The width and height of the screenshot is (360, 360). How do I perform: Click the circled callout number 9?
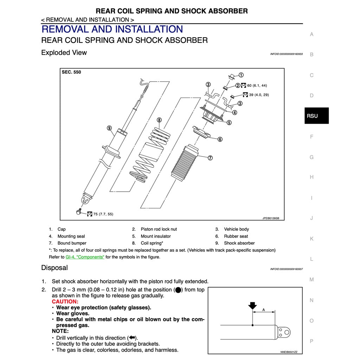109,128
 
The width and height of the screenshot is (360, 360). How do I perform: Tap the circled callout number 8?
159,120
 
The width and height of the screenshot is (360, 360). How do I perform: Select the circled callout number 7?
210,158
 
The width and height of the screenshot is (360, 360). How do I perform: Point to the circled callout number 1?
241,75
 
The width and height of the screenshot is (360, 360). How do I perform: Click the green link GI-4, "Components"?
85,257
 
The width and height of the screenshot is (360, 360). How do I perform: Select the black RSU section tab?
316,116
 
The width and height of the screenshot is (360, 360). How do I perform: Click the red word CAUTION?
65,302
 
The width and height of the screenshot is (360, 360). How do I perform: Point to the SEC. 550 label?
71,72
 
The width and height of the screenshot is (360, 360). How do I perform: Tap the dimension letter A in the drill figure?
264,310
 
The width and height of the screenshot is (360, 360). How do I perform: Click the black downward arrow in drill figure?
252,306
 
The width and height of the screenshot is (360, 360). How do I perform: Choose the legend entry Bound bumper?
72,243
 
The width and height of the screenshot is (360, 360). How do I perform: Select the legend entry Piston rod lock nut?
159,229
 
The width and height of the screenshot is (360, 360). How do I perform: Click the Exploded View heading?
64,53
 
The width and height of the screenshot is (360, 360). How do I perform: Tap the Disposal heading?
54,268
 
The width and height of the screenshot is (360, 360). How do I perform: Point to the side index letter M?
311,279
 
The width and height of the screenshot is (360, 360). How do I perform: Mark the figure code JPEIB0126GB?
271,218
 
